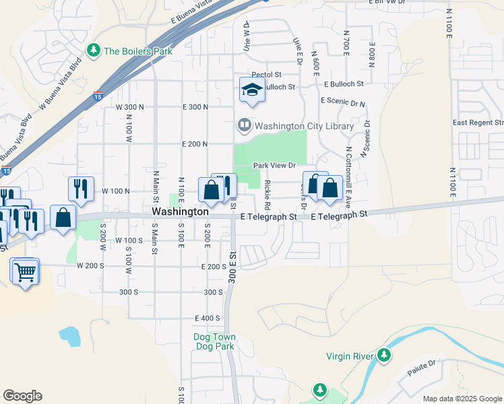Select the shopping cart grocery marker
(25, 272)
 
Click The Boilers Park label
(138, 51)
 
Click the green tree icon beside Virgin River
(384, 354)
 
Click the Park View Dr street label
(275, 165)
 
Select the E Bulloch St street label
(344, 85)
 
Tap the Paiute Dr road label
(422, 367)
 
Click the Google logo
(22, 396)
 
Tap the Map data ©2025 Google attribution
(462, 399)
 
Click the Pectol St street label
(265, 75)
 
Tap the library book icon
(243, 125)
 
